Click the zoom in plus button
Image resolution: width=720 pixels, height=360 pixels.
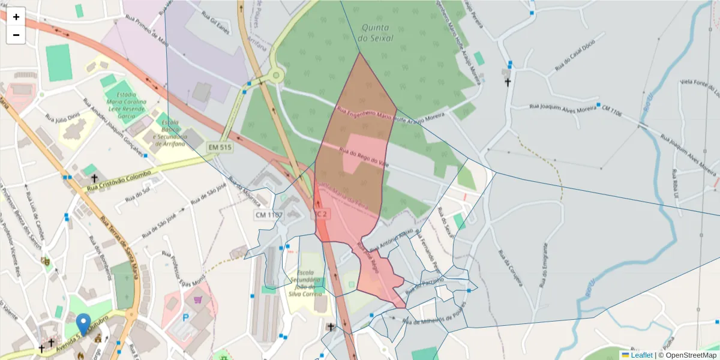(16, 17)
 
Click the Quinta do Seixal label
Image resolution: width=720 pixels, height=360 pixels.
(375, 33)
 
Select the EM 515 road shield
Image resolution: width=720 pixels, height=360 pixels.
(220, 147)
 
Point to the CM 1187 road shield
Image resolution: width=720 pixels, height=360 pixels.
(268, 214)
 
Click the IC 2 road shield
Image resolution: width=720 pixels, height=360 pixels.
(321, 214)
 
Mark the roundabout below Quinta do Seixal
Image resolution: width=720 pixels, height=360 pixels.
(275, 76)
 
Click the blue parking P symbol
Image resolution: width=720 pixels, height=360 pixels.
(186, 317)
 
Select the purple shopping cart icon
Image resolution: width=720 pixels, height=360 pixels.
(197, 298)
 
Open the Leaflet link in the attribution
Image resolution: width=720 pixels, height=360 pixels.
(641, 355)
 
